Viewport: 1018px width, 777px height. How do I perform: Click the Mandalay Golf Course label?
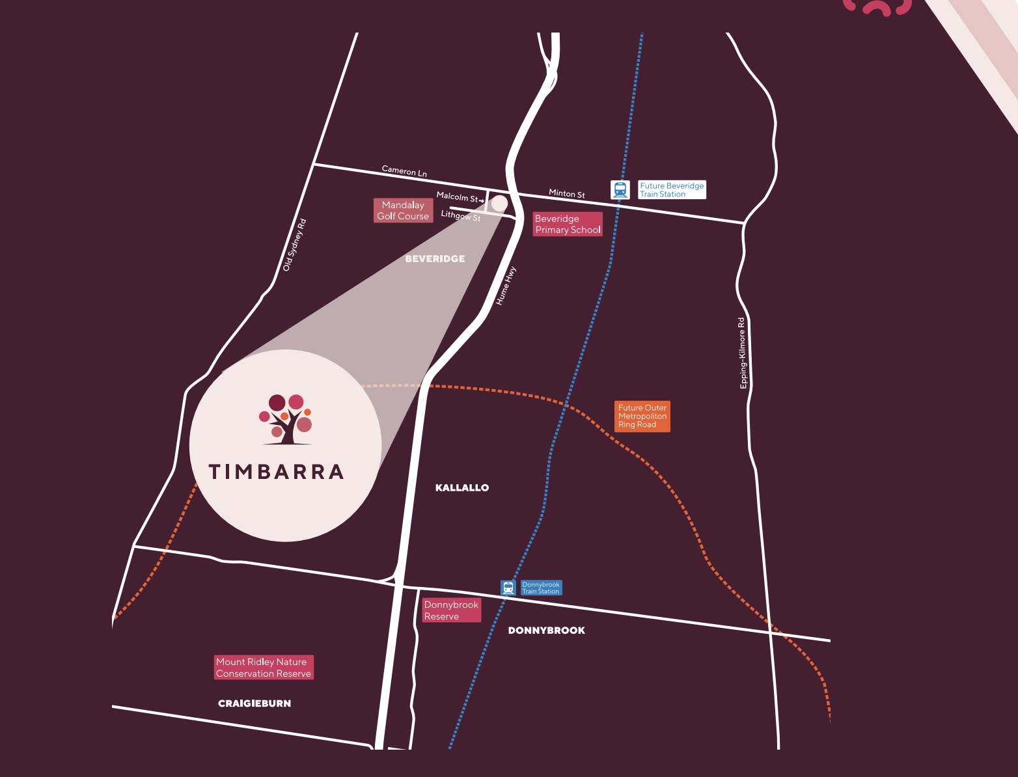click(x=403, y=211)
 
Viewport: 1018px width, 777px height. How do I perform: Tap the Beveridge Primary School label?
click(x=568, y=225)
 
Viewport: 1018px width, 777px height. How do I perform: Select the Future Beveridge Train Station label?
click(x=672, y=190)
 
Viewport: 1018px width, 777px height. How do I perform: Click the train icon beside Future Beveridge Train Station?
click(x=620, y=190)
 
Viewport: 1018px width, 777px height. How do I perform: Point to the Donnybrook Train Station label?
click(x=541, y=588)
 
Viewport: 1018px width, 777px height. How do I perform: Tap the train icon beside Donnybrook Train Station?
click(x=508, y=588)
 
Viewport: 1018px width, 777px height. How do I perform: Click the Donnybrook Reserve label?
click(x=451, y=610)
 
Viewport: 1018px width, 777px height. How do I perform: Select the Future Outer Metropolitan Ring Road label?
click(x=642, y=416)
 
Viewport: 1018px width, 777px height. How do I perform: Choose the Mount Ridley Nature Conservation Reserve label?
click(x=264, y=668)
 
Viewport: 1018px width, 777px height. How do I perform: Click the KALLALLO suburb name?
click(x=461, y=487)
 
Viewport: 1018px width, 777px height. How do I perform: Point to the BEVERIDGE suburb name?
click(x=435, y=259)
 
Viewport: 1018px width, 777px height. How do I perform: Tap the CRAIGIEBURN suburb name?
click(x=255, y=703)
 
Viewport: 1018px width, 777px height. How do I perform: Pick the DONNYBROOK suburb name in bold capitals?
click(x=546, y=631)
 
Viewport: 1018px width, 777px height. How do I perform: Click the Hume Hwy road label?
click(x=506, y=286)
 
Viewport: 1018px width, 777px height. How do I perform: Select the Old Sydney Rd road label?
click(x=294, y=245)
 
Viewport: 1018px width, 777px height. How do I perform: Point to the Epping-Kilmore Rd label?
click(x=742, y=353)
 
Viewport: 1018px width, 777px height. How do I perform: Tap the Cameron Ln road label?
click(x=404, y=171)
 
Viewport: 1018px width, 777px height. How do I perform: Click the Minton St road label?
click(x=566, y=193)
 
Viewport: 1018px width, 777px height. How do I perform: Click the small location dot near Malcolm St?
click(x=499, y=204)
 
